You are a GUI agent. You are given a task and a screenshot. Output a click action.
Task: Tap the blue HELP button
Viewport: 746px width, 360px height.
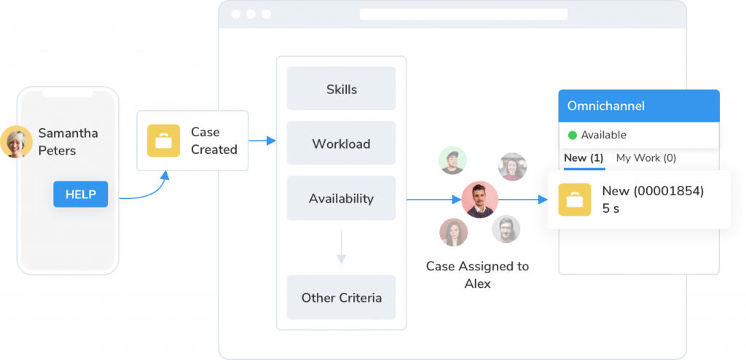80,194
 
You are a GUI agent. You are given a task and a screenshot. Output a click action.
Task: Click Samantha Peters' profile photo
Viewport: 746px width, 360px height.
16,141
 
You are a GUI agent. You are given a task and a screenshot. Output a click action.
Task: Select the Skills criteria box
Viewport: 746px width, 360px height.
341,89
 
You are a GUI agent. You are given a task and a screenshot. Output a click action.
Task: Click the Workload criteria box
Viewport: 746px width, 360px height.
341,144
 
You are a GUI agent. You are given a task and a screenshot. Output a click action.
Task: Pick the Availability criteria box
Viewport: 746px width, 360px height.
341,198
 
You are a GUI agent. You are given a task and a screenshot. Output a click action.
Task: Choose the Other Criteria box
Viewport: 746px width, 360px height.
341,297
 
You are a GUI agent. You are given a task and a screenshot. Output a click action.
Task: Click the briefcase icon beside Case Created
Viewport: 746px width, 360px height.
164,141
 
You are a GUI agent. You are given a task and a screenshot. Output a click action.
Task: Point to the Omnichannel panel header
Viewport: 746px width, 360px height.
639,106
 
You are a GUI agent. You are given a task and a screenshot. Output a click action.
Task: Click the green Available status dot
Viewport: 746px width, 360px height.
573,135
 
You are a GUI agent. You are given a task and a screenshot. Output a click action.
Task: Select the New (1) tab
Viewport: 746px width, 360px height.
584,158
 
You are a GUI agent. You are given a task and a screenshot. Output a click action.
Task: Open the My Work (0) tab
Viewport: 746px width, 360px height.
645,158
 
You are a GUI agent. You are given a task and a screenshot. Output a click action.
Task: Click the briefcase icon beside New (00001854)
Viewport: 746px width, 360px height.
575,200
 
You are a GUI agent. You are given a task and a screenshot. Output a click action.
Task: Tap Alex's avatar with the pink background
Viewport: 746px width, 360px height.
480,200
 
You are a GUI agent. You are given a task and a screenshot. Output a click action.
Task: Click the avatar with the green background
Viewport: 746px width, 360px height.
452,161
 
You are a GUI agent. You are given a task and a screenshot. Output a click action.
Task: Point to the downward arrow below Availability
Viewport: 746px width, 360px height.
341,248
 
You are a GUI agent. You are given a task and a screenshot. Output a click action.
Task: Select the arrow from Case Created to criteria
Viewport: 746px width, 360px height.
262,141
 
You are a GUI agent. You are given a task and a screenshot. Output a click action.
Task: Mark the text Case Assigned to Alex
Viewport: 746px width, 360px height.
477,275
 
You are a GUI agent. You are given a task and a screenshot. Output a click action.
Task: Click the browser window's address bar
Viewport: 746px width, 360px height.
463,15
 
